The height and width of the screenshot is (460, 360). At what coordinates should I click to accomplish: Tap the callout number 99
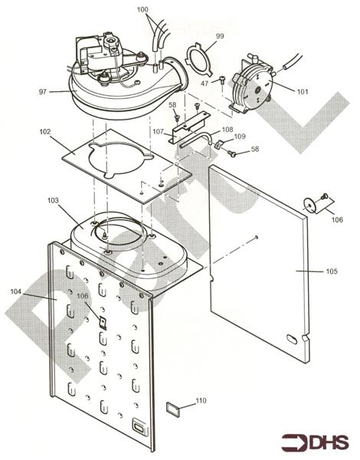tap(220, 37)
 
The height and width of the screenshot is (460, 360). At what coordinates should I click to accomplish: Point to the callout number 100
tap(165, 9)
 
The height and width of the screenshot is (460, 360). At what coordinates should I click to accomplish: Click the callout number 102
tap(45, 132)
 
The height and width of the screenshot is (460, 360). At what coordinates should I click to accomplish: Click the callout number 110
tap(201, 400)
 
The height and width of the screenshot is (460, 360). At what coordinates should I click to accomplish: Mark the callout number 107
tap(158, 131)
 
